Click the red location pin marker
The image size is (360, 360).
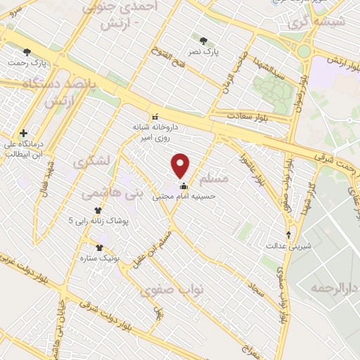(x=181, y=165)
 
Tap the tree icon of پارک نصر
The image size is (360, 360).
(x=204, y=41)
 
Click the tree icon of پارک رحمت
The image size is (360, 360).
(x=27, y=51)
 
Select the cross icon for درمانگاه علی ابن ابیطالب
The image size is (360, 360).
(x=24, y=132)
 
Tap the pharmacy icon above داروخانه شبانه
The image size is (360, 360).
(x=155, y=116)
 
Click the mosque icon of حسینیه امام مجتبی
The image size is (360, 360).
(x=184, y=186)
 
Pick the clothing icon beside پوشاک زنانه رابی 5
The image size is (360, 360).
(x=98, y=210)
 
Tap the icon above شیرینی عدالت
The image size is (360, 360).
(x=288, y=235)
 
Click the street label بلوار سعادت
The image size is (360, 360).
(x=250, y=115)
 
